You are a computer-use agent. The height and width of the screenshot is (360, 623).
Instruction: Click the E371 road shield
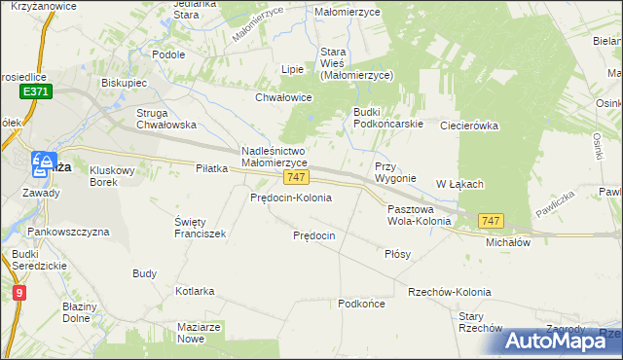(36, 90)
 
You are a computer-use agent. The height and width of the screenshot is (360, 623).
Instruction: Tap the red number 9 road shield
(19, 291)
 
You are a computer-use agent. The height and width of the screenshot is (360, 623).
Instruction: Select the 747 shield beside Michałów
(492, 222)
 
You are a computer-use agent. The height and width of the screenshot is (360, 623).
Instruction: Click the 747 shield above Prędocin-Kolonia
(297, 178)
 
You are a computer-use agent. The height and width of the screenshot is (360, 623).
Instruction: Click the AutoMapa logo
(560, 340)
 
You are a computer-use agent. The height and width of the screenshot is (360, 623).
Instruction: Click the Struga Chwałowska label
(165, 118)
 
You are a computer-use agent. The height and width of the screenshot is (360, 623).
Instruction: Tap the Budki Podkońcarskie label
(386, 118)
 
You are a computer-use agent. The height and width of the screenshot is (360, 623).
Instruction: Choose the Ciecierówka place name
(469, 126)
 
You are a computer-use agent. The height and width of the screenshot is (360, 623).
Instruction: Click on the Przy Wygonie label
(395, 172)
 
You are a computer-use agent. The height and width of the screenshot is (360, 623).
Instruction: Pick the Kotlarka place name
(195, 291)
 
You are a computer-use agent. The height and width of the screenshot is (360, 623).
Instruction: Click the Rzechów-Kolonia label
(450, 292)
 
